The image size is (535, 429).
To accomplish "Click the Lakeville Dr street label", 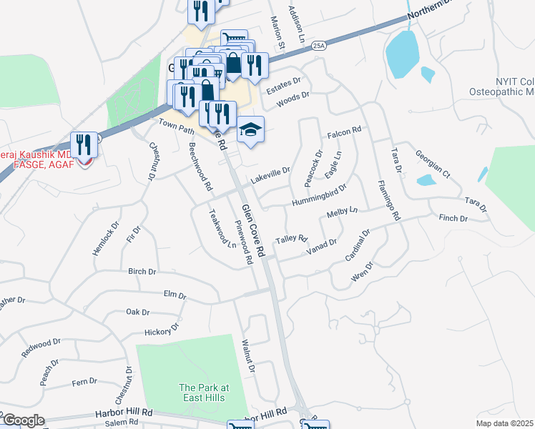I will coord(270,172).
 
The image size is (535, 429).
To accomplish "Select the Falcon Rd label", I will coord(345,133).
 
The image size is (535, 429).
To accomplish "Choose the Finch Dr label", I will coord(453,217).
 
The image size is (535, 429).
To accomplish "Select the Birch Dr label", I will coord(142,272).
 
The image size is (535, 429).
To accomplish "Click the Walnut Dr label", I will coord(248,357).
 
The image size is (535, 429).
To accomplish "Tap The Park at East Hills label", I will coord(203,393).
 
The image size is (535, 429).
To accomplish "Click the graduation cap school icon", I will coord(250,130).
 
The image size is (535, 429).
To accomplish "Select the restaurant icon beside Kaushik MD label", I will coord(84,146).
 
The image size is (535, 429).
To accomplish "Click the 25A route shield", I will coord(319,46).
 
